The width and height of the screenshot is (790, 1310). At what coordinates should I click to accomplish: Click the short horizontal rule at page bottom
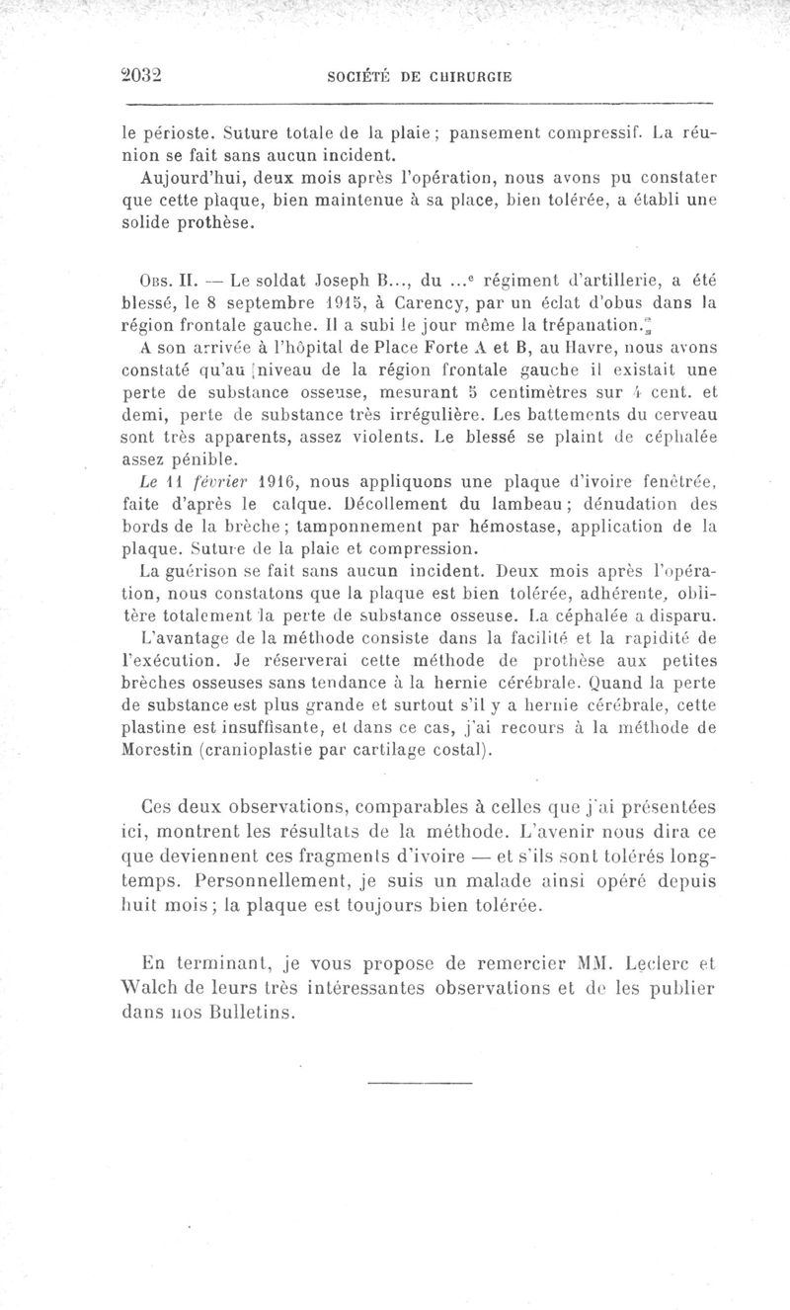[x=419, y=1085]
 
